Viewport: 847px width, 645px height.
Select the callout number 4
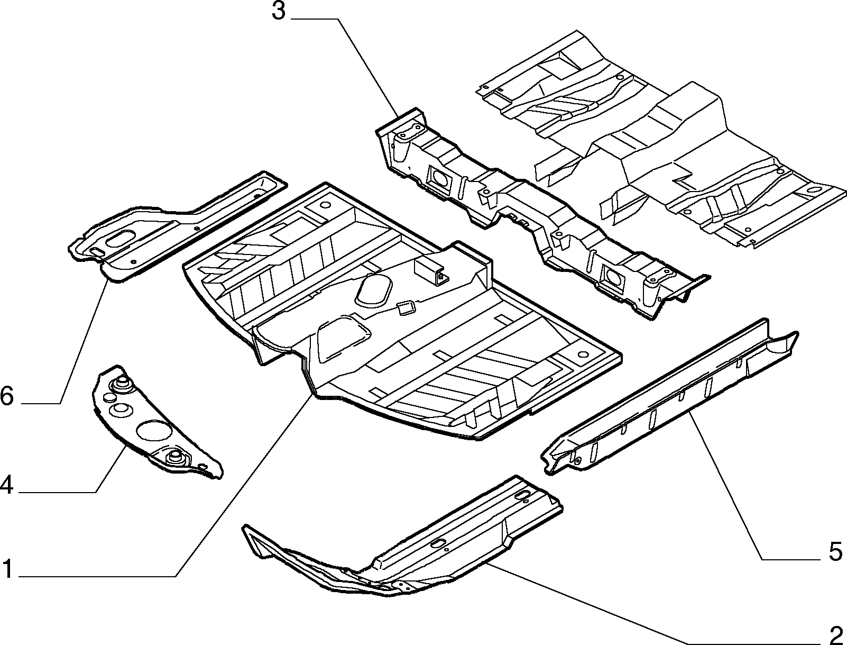point(7,485)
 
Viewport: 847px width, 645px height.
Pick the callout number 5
point(835,551)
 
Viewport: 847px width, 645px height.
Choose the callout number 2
point(835,634)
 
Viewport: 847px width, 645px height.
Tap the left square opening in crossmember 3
point(439,178)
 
